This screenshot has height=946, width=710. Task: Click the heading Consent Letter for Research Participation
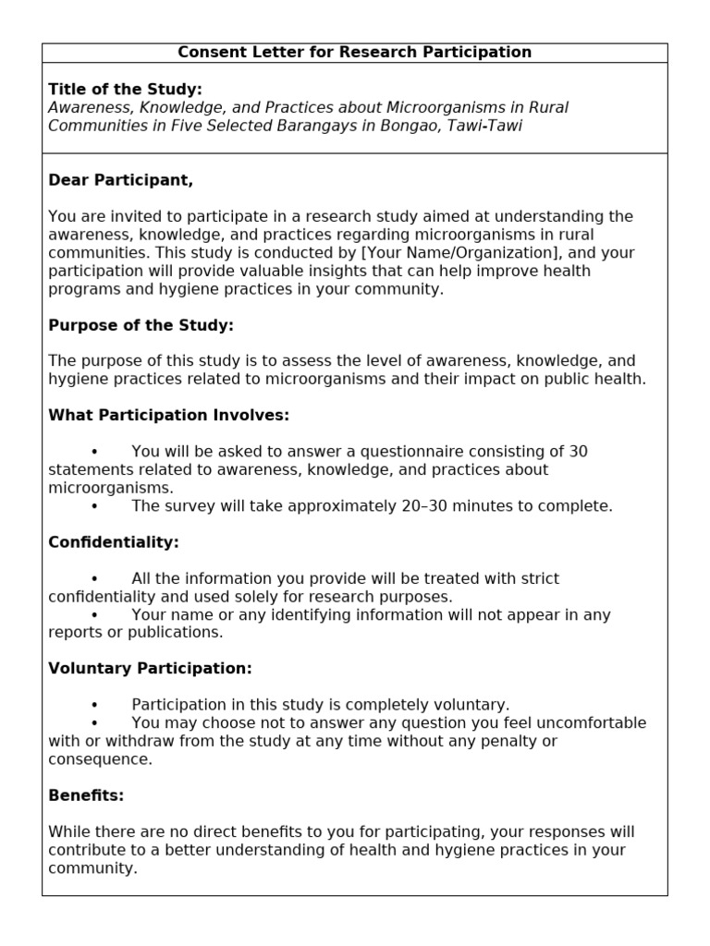coord(354,53)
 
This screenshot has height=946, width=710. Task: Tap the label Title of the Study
coord(125,90)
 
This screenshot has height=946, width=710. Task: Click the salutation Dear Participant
coord(120,180)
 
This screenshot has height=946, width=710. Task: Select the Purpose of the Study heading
coord(141,325)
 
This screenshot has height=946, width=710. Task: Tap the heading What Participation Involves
coord(168,416)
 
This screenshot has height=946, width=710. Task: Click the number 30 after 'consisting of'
coord(578,452)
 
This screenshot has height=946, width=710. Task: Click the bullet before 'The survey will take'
coord(94,506)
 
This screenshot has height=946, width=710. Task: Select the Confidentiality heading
coord(113,542)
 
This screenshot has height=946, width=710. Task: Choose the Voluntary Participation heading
coord(150,669)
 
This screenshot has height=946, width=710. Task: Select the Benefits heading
coord(86,795)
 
